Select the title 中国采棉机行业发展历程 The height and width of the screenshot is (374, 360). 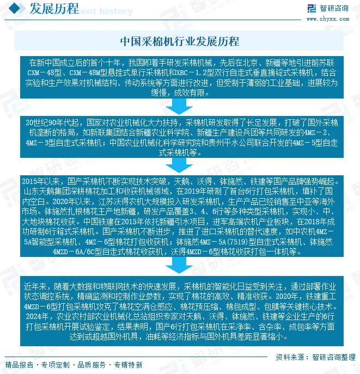coord(179,41)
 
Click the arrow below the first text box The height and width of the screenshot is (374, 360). coord(179,105)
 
